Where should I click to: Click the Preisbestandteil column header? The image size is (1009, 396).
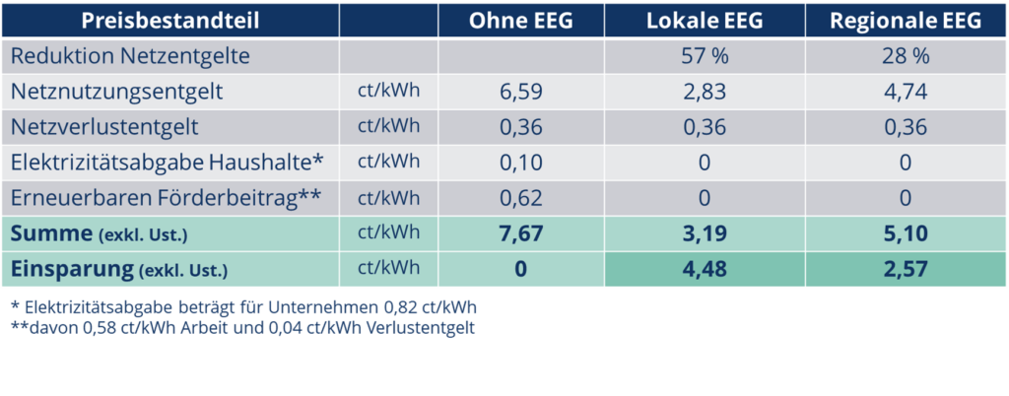[x=169, y=22]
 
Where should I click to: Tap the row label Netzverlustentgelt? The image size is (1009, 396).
[x=105, y=127]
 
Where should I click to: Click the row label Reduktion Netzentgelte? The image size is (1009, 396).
[x=130, y=57]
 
